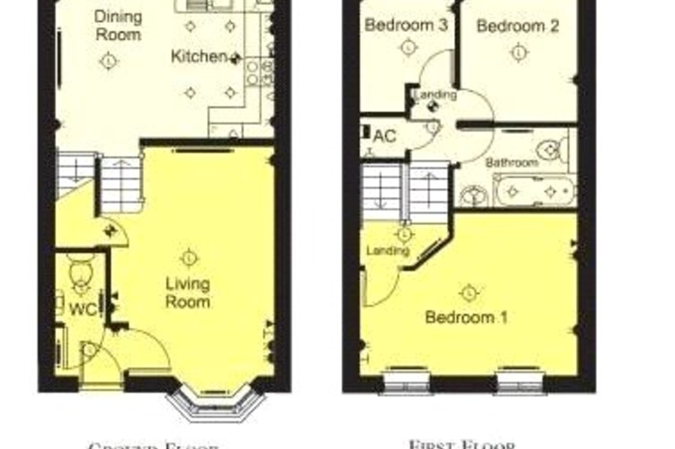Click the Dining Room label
click(118, 26)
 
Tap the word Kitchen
click(199, 56)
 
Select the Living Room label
click(188, 292)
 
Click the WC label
click(83, 309)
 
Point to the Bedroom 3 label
click(406, 25)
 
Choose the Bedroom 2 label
click(518, 26)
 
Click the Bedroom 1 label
click(466, 317)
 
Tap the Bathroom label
click(512, 162)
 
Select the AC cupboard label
click(384, 136)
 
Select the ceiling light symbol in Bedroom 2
click(518, 52)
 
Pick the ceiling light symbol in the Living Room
click(189, 258)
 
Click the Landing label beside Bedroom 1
click(388, 251)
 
